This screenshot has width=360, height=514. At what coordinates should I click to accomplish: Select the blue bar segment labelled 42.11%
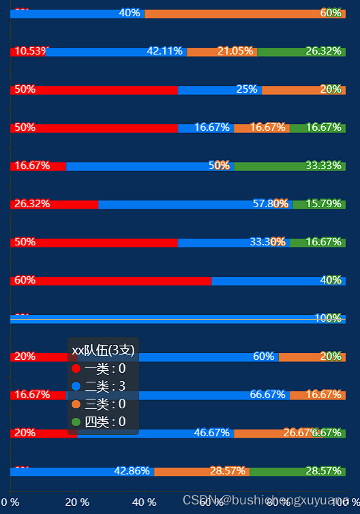click(x=116, y=51)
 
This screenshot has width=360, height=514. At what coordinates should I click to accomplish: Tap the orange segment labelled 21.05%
click(x=222, y=51)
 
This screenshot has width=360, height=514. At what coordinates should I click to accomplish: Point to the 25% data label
click(x=247, y=89)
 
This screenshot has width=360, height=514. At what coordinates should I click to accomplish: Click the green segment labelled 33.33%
click(x=290, y=166)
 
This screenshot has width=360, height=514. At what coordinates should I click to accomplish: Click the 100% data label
click(x=328, y=318)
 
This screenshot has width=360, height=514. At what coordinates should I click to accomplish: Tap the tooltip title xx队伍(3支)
click(x=104, y=350)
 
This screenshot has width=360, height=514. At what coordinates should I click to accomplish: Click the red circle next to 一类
click(x=76, y=369)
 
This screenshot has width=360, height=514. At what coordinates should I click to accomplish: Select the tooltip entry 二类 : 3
click(x=105, y=387)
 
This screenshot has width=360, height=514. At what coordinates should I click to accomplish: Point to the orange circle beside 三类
click(x=76, y=404)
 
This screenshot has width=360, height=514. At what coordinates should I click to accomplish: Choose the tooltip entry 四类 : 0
click(x=105, y=422)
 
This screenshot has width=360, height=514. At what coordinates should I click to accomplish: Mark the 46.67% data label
click(x=212, y=433)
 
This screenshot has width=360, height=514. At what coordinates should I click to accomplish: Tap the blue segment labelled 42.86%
click(x=82, y=471)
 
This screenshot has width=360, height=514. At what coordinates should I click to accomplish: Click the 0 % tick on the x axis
click(x=10, y=502)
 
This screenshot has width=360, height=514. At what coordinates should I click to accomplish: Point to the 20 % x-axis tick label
click(x=77, y=502)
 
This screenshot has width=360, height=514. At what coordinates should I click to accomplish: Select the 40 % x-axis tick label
click(x=144, y=502)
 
